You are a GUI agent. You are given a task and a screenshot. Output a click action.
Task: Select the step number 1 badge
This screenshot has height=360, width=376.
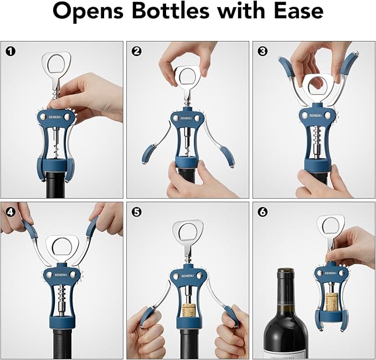[x=11, y=52]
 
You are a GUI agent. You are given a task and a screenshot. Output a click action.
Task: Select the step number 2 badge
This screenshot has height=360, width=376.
[x=136, y=52]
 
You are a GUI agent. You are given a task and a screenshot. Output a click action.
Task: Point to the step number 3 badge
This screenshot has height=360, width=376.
[x=262, y=52]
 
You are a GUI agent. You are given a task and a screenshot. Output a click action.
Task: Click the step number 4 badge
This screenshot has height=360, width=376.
[x=11, y=211]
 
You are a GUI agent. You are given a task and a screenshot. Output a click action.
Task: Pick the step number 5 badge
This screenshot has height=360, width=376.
[x=136, y=211]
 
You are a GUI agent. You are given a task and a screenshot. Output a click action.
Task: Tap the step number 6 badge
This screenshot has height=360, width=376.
[x=262, y=211]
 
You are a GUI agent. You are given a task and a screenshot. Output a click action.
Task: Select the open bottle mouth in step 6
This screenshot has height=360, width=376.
[x=284, y=271]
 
